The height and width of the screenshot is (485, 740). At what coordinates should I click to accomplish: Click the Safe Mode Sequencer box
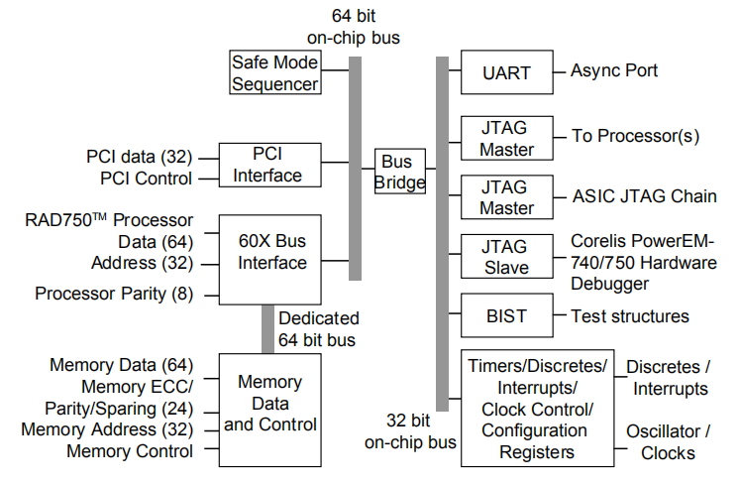click(x=275, y=72)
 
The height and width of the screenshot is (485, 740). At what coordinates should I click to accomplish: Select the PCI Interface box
click(x=269, y=165)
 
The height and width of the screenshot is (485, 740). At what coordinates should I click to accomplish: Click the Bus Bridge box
click(x=399, y=172)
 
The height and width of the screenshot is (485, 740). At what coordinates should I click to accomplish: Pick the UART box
click(x=505, y=71)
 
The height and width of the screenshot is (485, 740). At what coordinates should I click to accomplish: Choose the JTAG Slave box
click(x=505, y=256)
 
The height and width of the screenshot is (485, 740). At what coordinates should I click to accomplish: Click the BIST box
click(x=505, y=316)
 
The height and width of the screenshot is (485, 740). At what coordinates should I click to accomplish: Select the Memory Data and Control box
click(x=269, y=404)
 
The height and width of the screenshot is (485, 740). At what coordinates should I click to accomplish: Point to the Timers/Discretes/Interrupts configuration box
click(x=536, y=407)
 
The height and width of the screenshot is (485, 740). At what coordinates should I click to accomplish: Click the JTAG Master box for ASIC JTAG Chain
click(x=505, y=196)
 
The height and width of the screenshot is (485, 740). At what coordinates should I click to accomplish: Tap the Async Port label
click(x=614, y=71)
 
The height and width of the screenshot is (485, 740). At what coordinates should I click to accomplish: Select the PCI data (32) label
click(x=140, y=156)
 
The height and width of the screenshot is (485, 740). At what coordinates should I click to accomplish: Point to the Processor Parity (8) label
click(x=114, y=294)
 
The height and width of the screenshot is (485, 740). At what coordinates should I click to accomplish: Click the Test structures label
click(x=630, y=316)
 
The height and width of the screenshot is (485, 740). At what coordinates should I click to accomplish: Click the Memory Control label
click(x=130, y=451)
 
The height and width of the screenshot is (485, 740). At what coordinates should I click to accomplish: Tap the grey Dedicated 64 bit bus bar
click(x=267, y=328)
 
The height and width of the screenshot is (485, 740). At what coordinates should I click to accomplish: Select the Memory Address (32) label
click(x=107, y=429)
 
